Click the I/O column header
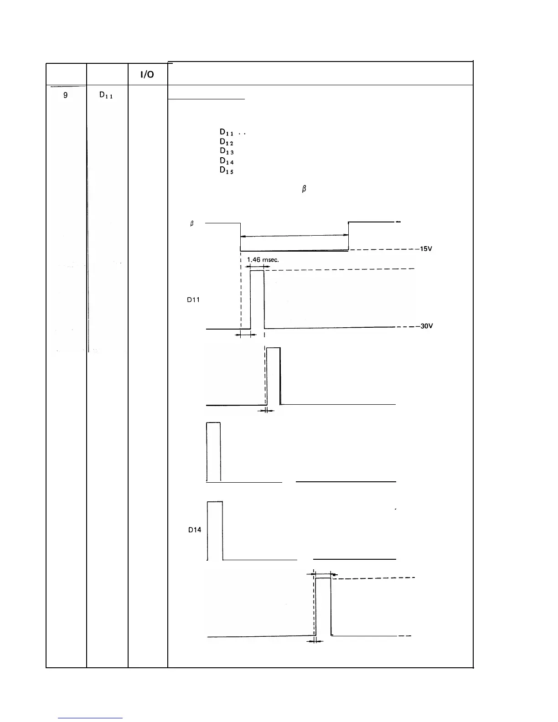(x=147, y=75)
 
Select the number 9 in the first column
(x=66, y=96)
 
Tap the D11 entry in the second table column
(x=106, y=96)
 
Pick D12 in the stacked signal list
(x=227, y=142)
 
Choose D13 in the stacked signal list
(x=227, y=151)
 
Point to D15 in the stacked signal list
(x=227, y=170)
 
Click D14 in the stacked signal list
(x=227, y=161)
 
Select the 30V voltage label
(x=426, y=326)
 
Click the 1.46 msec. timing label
(x=263, y=260)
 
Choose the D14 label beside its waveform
(x=195, y=530)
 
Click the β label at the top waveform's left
(x=192, y=224)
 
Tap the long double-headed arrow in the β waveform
(x=294, y=236)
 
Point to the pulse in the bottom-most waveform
(x=323, y=606)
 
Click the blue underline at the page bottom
(x=90, y=718)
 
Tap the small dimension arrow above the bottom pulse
(x=325, y=574)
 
